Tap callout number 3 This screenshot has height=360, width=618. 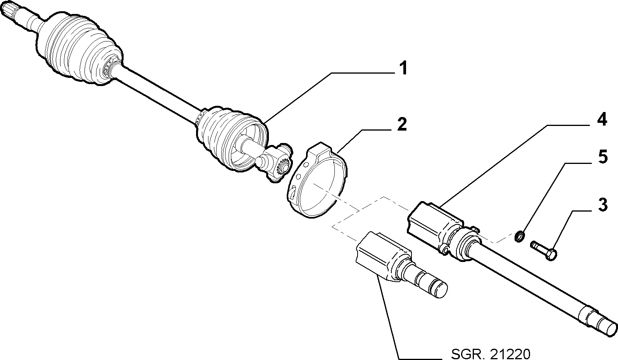[x=603, y=205]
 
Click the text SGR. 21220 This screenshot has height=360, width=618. [x=491, y=354]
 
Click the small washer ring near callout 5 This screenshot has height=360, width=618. [x=520, y=236]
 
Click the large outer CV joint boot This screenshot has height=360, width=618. [x=79, y=49]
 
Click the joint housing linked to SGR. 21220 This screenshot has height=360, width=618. [x=384, y=255]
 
